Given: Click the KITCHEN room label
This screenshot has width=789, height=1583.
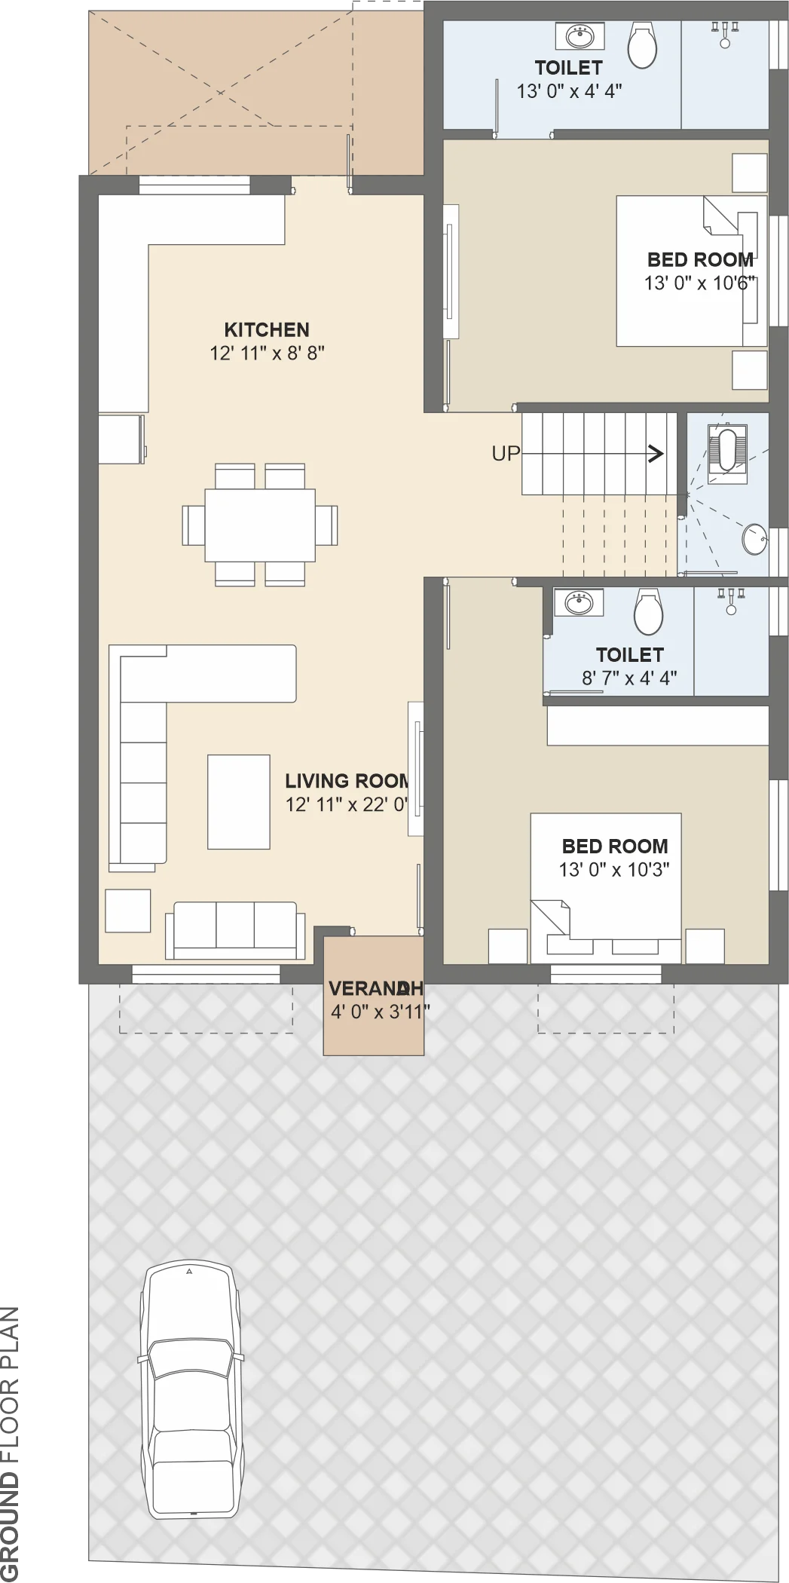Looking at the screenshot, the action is (x=267, y=330).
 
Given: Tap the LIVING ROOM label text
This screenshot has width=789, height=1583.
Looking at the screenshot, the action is (x=347, y=781).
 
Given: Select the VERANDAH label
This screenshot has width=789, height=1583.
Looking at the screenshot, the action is (x=375, y=988).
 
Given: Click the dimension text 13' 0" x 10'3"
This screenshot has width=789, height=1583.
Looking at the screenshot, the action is (x=614, y=869).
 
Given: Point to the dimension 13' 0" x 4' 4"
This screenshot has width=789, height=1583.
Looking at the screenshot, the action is (x=569, y=91).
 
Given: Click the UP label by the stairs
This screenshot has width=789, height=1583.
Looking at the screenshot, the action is (x=506, y=453).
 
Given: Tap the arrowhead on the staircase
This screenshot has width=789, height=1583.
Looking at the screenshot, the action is (x=657, y=453).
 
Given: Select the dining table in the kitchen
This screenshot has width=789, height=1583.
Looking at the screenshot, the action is (x=260, y=525).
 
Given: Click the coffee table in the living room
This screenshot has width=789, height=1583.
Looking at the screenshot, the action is (x=239, y=802).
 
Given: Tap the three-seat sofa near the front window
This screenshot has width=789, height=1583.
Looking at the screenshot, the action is (x=235, y=930).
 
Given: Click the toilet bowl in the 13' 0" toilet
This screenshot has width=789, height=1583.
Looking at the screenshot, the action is (x=642, y=45).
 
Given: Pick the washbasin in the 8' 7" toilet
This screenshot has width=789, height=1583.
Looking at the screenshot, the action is (x=579, y=602).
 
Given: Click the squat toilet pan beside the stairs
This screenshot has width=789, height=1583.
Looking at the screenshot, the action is (x=726, y=449).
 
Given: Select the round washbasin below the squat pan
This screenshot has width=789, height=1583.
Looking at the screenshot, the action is (x=754, y=539).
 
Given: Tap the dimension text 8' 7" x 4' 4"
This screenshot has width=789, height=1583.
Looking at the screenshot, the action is (x=629, y=678).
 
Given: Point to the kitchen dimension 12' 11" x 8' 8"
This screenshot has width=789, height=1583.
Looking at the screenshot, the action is (x=267, y=353).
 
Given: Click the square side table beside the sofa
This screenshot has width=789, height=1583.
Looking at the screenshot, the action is (x=128, y=911).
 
